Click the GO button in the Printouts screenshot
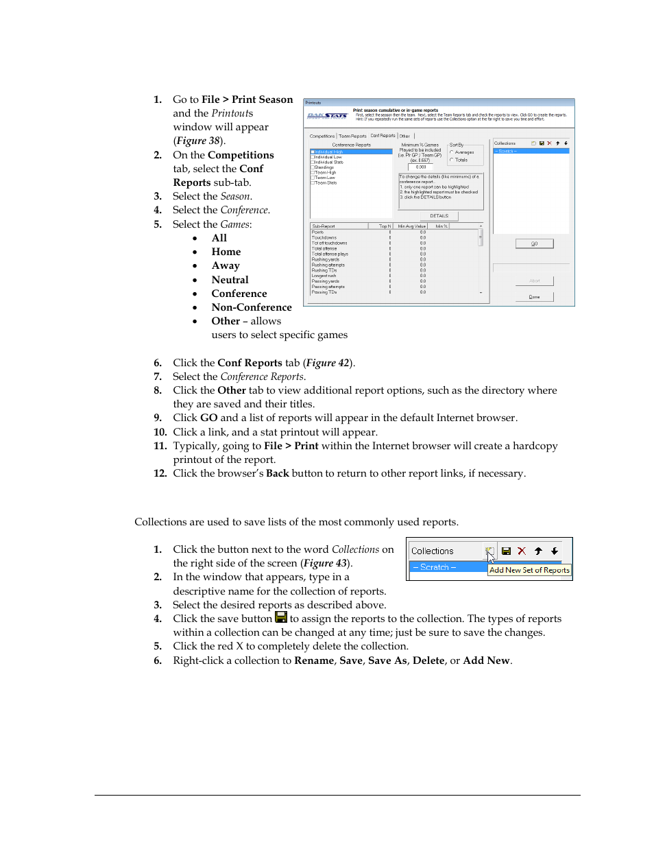pos(534,243)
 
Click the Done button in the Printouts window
pos(534,297)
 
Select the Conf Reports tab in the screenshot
pos(383,136)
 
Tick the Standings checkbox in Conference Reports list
pos(313,167)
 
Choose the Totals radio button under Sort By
pos(452,160)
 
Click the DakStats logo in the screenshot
pos(327,116)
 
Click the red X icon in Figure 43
pos(522,551)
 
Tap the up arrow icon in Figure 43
pos(538,551)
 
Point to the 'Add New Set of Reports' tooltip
pos(529,570)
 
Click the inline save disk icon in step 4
pos(281,618)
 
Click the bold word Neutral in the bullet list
pos(230,280)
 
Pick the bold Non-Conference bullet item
pos(251,307)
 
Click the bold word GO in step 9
pos(208,418)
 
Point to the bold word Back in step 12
pos(277,473)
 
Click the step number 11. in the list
pos(160,446)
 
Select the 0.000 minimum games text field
pos(421,167)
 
